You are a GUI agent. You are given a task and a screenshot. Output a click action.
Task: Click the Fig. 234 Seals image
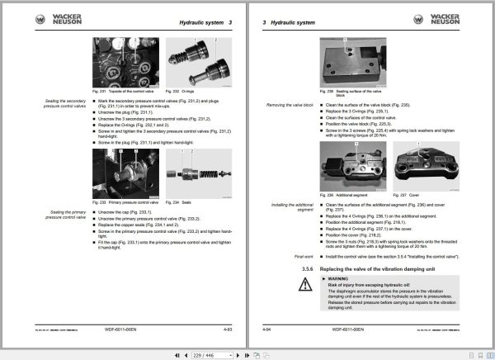[192, 174]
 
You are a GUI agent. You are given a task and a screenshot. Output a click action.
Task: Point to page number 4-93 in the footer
[229, 329]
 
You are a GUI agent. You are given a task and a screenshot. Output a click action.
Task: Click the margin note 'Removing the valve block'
[289, 105]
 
